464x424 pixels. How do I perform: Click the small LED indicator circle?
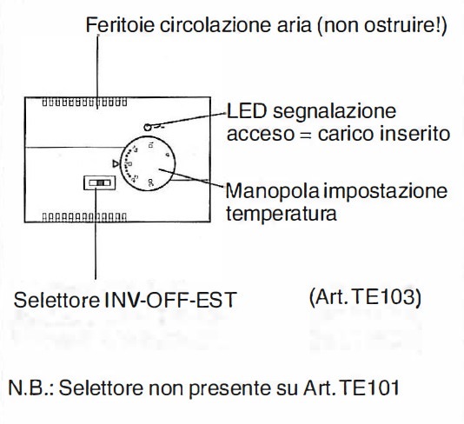(x=148, y=128)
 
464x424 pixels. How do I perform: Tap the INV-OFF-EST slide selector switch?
(x=99, y=182)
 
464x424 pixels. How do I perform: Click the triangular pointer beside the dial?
(x=116, y=163)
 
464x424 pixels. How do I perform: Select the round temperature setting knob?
(x=148, y=163)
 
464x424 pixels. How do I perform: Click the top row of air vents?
(x=84, y=103)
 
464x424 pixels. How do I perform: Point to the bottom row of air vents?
(x=84, y=217)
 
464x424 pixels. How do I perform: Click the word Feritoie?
(x=120, y=25)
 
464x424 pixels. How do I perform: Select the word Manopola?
(x=272, y=192)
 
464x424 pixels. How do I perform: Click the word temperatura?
(x=282, y=214)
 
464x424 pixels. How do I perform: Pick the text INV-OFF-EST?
(x=171, y=300)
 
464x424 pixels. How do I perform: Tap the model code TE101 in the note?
(x=368, y=388)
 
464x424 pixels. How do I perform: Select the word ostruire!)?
(x=406, y=25)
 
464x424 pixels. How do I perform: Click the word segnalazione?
(x=335, y=112)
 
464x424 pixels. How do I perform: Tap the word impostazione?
(x=385, y=192)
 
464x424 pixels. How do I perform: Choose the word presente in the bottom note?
(x=229, y=388)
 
